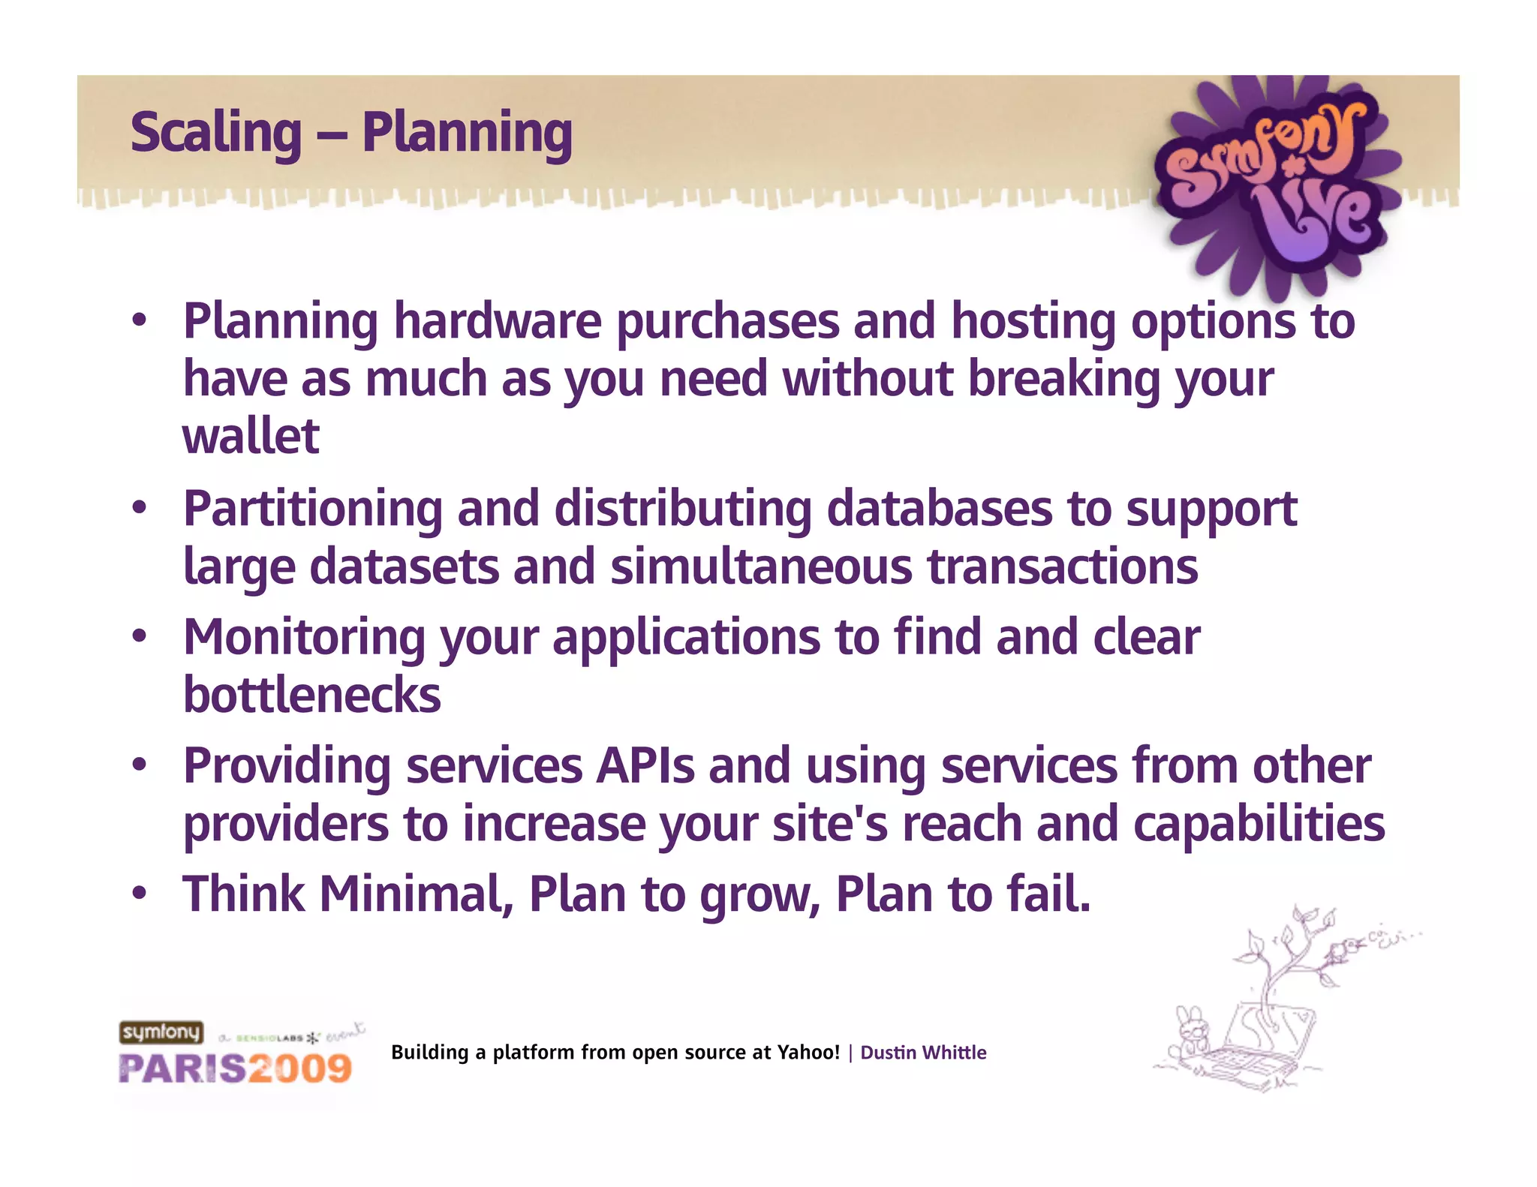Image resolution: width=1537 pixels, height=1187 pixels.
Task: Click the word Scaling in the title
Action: tap(216, 133)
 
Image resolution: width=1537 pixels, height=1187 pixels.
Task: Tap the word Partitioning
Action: tap(313, 509)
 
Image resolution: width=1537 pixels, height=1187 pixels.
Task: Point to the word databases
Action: tap(940, 509)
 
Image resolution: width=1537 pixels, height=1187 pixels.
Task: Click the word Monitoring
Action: tap(305, 639)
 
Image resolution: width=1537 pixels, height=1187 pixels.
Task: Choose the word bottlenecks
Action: tap(311, 695)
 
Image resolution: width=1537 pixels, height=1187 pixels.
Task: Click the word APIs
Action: tap(645, 766)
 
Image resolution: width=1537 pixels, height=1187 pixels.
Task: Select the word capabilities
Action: tap(1259, 824)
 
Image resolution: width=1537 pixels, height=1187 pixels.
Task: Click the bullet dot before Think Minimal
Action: tap(139, 894)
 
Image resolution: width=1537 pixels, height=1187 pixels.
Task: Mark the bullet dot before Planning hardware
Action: tap(139, 321)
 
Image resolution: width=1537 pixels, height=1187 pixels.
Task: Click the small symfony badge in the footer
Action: tap(161, 1032)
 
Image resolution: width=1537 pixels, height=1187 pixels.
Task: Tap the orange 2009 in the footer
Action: tap(299, 1068)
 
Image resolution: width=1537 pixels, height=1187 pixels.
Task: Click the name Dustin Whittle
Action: tap(922, 1053)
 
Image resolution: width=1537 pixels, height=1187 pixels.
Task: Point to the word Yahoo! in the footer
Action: tap(808, 1053)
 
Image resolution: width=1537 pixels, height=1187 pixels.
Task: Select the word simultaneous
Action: tap(761, 567)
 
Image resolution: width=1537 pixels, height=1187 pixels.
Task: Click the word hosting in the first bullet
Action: tap(1033, 321)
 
